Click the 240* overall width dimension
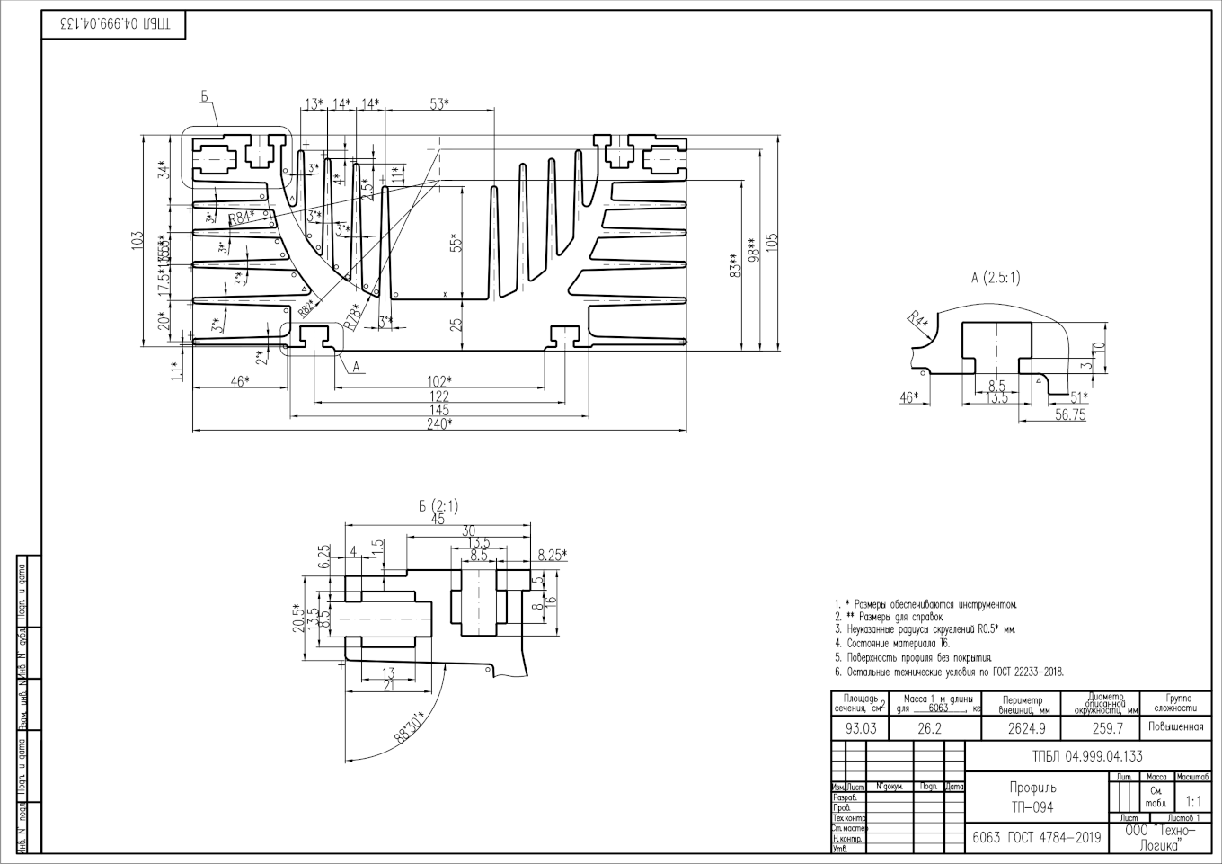438,424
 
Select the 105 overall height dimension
772,243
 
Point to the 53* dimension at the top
438,104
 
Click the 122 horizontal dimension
438,396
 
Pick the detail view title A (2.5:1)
996,278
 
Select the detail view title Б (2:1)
438,506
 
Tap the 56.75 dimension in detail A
1069,414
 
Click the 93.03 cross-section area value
861,728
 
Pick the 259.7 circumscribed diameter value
1106,728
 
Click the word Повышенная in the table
1175,726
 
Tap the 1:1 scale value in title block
1193,800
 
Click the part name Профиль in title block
1032,788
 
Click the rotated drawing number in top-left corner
113,24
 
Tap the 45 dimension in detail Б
438,520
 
